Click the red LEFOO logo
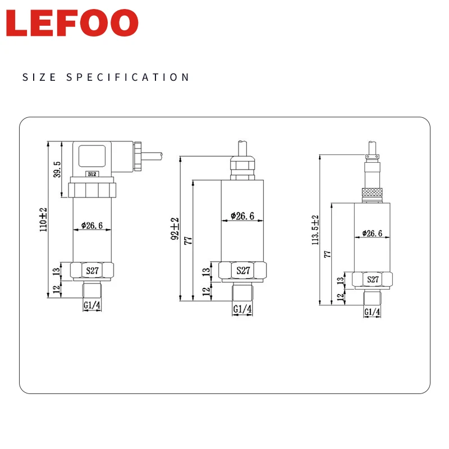point(72,23)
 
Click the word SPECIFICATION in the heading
point(128,77)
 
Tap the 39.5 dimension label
point(57,169)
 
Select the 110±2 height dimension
point(43,219)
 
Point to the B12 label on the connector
point(92,174)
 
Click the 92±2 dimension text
point(175,228)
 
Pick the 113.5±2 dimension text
point(315,230)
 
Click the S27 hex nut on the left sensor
point(92,271)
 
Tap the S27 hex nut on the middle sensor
point(242,271)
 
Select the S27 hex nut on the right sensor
point(372,279)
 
